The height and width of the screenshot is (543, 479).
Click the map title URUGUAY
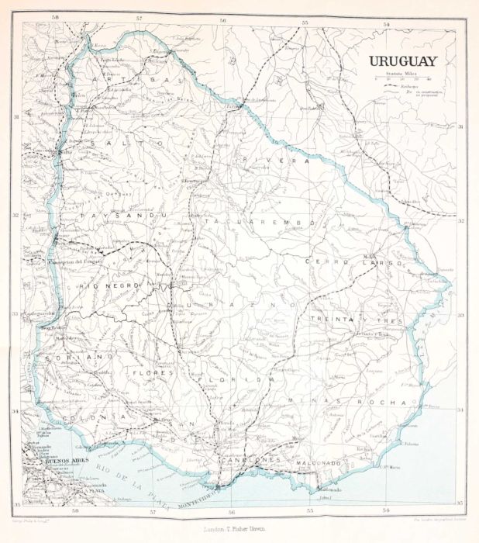coord(402,61)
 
